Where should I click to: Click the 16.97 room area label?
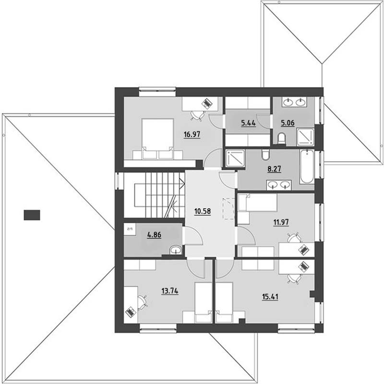192,134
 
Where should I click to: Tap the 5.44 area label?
248,123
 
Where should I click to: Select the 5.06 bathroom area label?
288,123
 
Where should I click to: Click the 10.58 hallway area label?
203,211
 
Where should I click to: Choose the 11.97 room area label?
281,222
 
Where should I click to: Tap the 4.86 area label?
154,235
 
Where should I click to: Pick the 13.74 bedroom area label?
170,291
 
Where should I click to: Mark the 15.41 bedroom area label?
270,297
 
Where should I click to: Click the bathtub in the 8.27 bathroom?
307,167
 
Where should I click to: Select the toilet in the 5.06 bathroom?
282,139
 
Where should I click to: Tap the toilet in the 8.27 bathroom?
265,155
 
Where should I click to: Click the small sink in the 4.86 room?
176,250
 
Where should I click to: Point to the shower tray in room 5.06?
305,137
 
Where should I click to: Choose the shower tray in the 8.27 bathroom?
235,158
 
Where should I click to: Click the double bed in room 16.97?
158,138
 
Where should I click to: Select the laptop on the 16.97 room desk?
206,103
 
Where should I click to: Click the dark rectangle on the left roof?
32,215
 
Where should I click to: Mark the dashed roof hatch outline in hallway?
228,208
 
